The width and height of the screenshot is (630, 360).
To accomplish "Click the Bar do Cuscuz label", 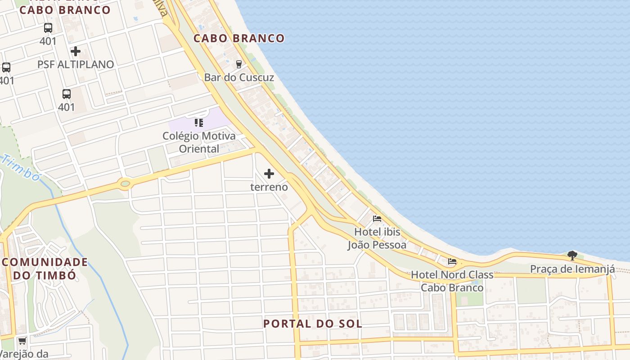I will (239, 77).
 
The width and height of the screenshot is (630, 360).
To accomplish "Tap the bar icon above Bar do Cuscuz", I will (239, 64).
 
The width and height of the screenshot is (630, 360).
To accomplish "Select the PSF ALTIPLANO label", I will (76, 64).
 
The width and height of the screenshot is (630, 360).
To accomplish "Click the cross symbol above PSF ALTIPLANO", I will (76, 51).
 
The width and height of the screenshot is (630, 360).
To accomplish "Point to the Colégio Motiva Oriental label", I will (199, 142).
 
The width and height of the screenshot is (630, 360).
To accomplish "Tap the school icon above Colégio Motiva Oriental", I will (199, 123).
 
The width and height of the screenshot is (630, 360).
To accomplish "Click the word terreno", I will (269, 187).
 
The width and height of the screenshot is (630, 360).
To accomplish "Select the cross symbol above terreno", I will (269, 174).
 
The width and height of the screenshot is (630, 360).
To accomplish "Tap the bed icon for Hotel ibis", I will (377, 219).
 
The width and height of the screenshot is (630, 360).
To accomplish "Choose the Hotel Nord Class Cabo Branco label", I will (452, 281).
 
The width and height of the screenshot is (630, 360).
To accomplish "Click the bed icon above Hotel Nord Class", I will (452, 261).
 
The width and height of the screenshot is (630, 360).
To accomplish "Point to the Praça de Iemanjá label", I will (572, 269).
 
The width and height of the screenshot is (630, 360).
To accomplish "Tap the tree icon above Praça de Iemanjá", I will (572, 256).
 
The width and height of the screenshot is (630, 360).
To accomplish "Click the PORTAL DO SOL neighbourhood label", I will (313, 324).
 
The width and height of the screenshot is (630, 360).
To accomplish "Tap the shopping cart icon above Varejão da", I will (22, 341).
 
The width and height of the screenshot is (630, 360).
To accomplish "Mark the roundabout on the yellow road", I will (125, 184).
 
